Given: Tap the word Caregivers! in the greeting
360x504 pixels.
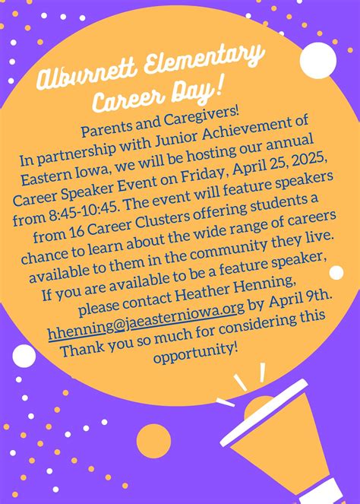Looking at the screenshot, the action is (202, 119).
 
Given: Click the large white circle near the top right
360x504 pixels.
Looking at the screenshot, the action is (318, 60).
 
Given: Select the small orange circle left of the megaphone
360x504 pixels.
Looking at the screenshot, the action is (153, 441).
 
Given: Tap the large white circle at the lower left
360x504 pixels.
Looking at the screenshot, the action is (24, 356).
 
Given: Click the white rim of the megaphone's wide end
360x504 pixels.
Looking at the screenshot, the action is (264, 412).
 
